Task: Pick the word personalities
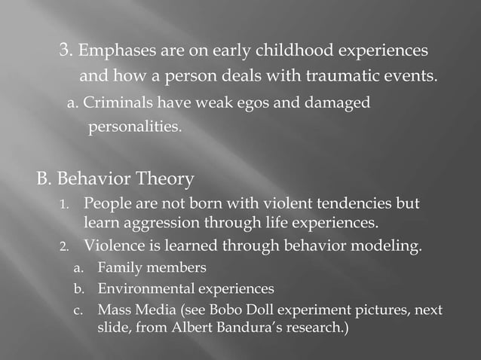pos(135,126)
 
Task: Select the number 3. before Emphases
pos(66,52)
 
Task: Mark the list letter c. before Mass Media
pos(77,310)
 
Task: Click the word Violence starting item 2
pos(112,246)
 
